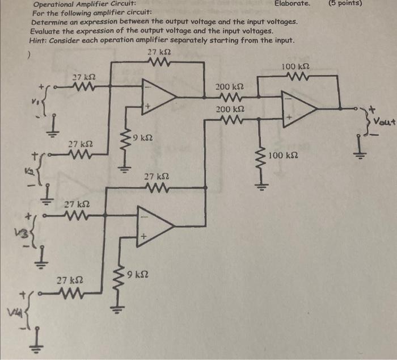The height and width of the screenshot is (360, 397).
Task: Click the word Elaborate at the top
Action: [x=292, y=3]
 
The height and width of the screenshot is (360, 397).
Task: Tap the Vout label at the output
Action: [x=383, y=121]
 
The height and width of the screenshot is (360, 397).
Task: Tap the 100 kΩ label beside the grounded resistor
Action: [x=283, y=156]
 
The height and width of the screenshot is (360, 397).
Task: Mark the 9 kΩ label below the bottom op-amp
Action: [x=138, y=275]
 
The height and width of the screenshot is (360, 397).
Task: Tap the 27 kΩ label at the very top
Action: [x=158, y=52]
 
